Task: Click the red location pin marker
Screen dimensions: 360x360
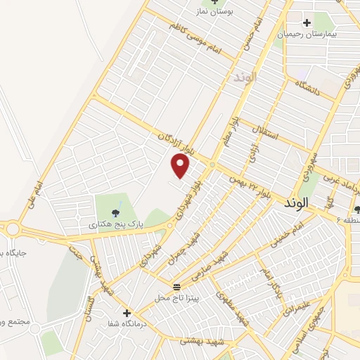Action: coord(181,166)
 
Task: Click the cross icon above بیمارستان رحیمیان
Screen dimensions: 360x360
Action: coord(307,22)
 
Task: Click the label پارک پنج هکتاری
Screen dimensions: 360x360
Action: coord(115,224)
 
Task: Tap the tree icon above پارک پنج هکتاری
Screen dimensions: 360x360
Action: coord(116,212)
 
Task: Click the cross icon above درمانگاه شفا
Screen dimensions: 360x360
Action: coord(127,312)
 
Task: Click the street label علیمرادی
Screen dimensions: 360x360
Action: coord(294,307)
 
